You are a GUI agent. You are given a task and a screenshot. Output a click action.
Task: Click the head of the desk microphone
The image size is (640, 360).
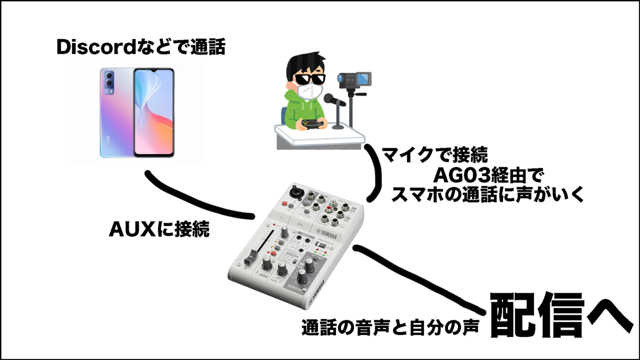330,99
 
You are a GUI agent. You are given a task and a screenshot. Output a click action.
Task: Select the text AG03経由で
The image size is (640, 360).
486,177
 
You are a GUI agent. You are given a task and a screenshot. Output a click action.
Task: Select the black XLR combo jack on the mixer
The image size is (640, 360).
294,191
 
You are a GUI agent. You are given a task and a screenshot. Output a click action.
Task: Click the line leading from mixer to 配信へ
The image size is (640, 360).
421,277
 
